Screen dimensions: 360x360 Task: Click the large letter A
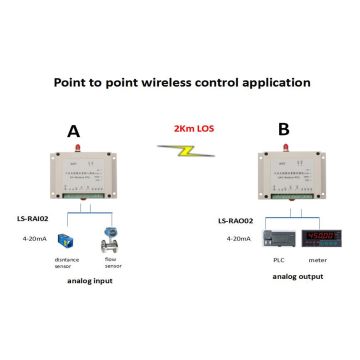(73, 130)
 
